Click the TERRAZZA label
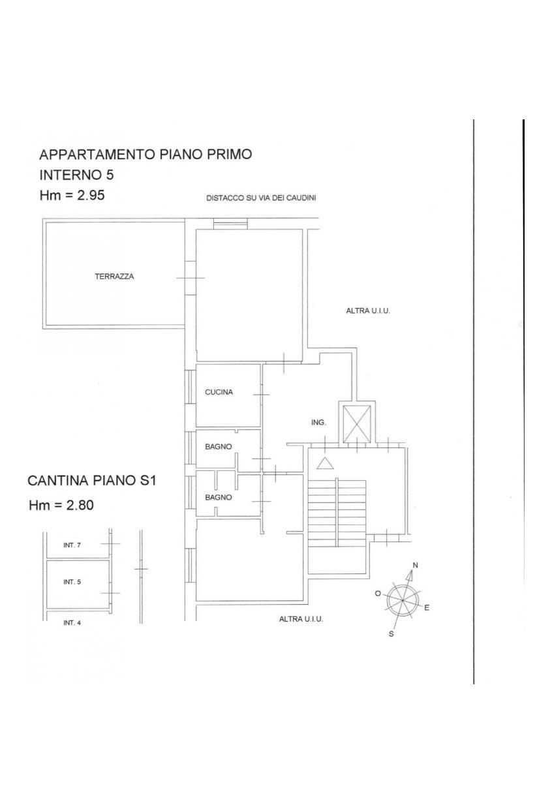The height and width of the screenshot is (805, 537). coord(114,277)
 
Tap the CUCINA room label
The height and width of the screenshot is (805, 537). coord(219,392)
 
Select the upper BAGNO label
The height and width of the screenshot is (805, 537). coord(218,447)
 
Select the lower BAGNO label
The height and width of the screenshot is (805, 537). coord(218,497)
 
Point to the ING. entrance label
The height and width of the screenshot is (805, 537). coord(318,423)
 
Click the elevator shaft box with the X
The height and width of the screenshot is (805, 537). coord(356,424)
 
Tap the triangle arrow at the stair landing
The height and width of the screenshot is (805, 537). coord(326,464)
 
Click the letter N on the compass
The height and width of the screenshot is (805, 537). coord(415,566)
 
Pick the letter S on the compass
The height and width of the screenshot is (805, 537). coord(391,634)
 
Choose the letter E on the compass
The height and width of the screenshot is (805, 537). coord(427,608)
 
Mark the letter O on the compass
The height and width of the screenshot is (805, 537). coord(378,594)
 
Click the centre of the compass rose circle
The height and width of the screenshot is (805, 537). coord(403,600)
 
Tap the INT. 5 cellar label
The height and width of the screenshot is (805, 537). coord(72,582)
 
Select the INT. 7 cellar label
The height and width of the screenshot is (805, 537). coord(72,545)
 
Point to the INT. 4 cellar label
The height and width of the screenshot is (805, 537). coord(72,623)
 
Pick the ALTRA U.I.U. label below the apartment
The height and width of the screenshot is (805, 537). coord(301,619)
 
